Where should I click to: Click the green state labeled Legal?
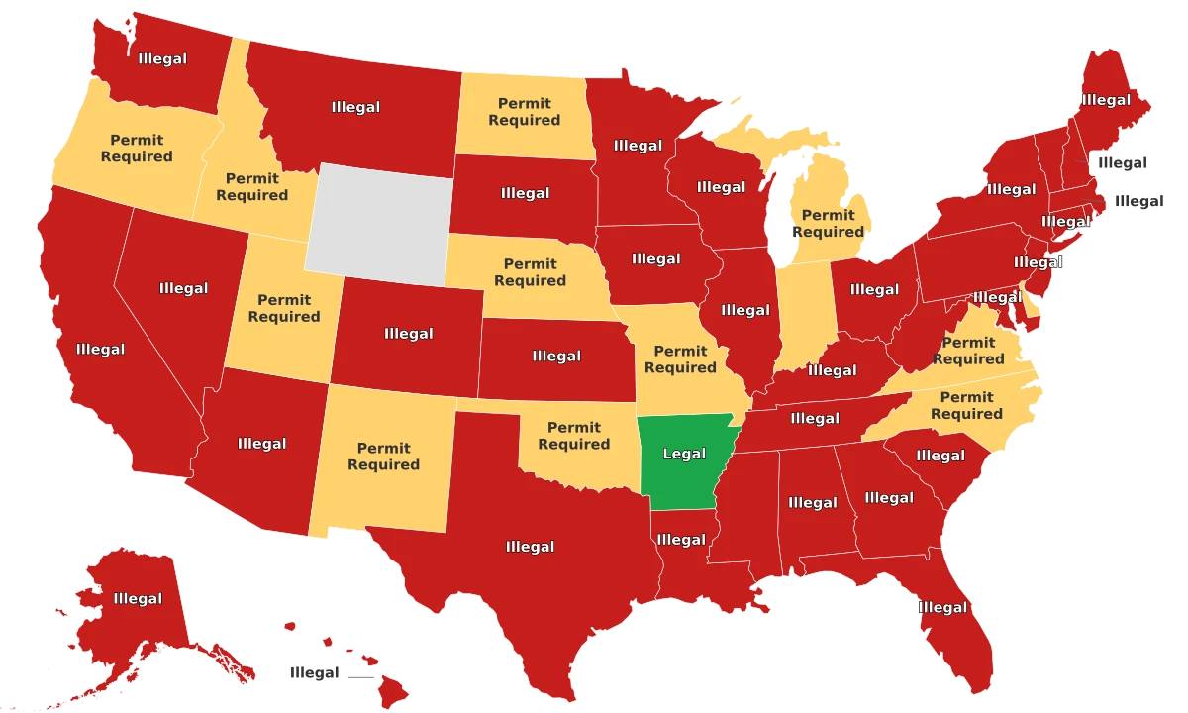click(684, 455)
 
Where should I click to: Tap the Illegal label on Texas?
click(530, 547)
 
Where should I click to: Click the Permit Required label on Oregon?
click(137, 149)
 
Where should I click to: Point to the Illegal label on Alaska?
click(138, 599)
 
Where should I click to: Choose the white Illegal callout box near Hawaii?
click(314, 673)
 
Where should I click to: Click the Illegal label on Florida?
click(942, 607)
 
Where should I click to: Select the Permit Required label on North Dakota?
click(525, 112)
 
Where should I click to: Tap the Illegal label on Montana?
click(355, 107)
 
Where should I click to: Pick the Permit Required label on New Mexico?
click(383, 457)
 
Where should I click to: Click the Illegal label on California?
click(100, 350)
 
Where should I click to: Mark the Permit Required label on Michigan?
click(828, 224)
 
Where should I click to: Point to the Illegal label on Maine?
click(1106, 100)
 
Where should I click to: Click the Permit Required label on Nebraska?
click(530, 272)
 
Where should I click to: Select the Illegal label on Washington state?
click(162, 59)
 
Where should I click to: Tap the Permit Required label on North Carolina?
click(966, 406)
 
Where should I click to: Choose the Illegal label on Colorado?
click(408, 334)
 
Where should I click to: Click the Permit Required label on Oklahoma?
click(574, 436)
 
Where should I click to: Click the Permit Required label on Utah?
click(284, 308)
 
